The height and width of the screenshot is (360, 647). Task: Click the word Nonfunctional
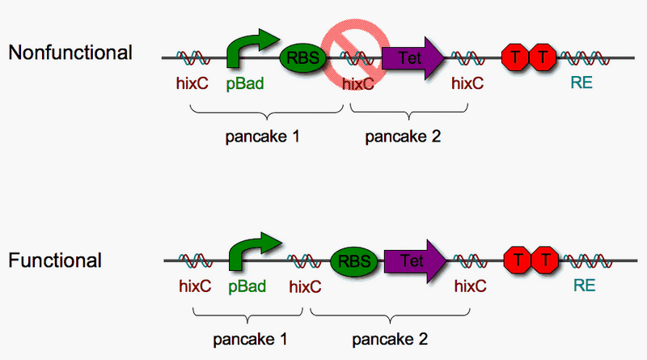(x=70, y=53)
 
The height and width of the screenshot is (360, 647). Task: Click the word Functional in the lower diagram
(x=55, y=260)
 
